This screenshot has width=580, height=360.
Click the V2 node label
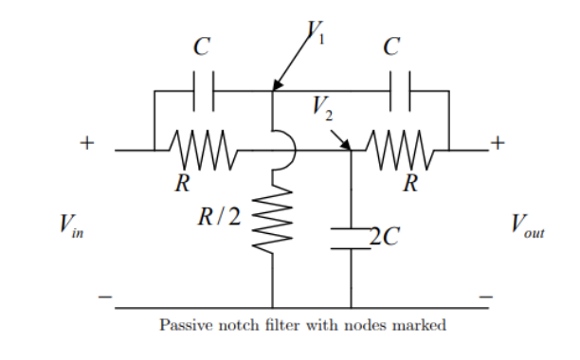tap(324, 111)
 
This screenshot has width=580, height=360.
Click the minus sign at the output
tap(488, 297)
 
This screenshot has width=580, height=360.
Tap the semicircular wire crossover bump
tap(287, 150)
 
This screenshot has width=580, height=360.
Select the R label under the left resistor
tap(179, 183)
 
